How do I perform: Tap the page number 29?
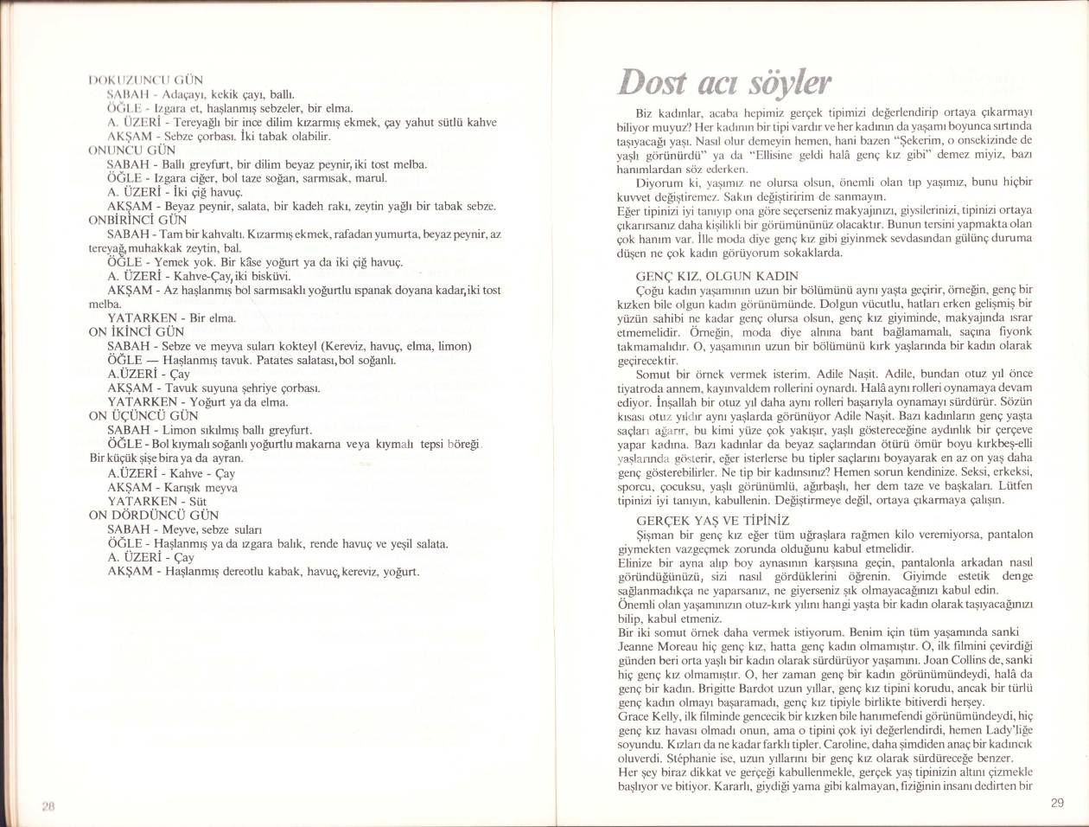[1057, 802]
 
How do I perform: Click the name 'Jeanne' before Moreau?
[640, 646]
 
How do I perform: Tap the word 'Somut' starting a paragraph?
[653, 374]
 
